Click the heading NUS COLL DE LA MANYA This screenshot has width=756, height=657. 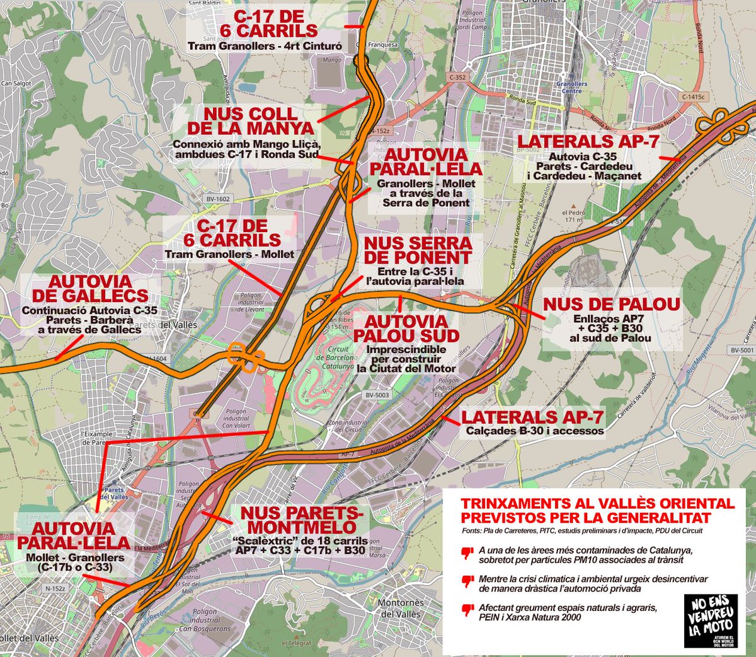click(x=250, y=120)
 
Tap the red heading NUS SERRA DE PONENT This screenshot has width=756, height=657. click(x=418, y=250)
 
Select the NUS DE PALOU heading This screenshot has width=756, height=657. click(x=611, y=305)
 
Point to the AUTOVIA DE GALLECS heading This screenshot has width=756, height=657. click(x=89, y=289)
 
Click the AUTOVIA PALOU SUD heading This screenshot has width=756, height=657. click(x=406, y=328)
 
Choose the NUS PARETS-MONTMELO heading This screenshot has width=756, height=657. click(x=302, y=520)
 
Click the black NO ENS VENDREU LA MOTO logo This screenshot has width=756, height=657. click(x=710, y=620)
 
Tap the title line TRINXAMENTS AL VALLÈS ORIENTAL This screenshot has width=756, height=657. click(x=597, y=504)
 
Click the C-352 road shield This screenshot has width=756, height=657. click(x=457, y=78)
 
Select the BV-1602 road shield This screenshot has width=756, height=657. click(x=218, y=199)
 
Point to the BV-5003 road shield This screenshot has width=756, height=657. click(x=377, y=395)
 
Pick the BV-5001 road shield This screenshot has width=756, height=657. click(x=742, y=350)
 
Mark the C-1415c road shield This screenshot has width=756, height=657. click(x=693, y=97)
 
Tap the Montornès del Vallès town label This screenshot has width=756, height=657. click(x=401, y=608)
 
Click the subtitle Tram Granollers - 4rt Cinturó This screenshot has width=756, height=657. click(x=265, y=46)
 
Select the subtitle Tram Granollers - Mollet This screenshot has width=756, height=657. click(x=229, y=254)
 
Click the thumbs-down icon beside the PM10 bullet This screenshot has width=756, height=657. click(x=467, y=553)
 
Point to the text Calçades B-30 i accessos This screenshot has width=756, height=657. click(x=535, y=431)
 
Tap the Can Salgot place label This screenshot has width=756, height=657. click(x=16, y=83)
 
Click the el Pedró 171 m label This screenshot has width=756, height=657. click(x=573, y=216)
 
